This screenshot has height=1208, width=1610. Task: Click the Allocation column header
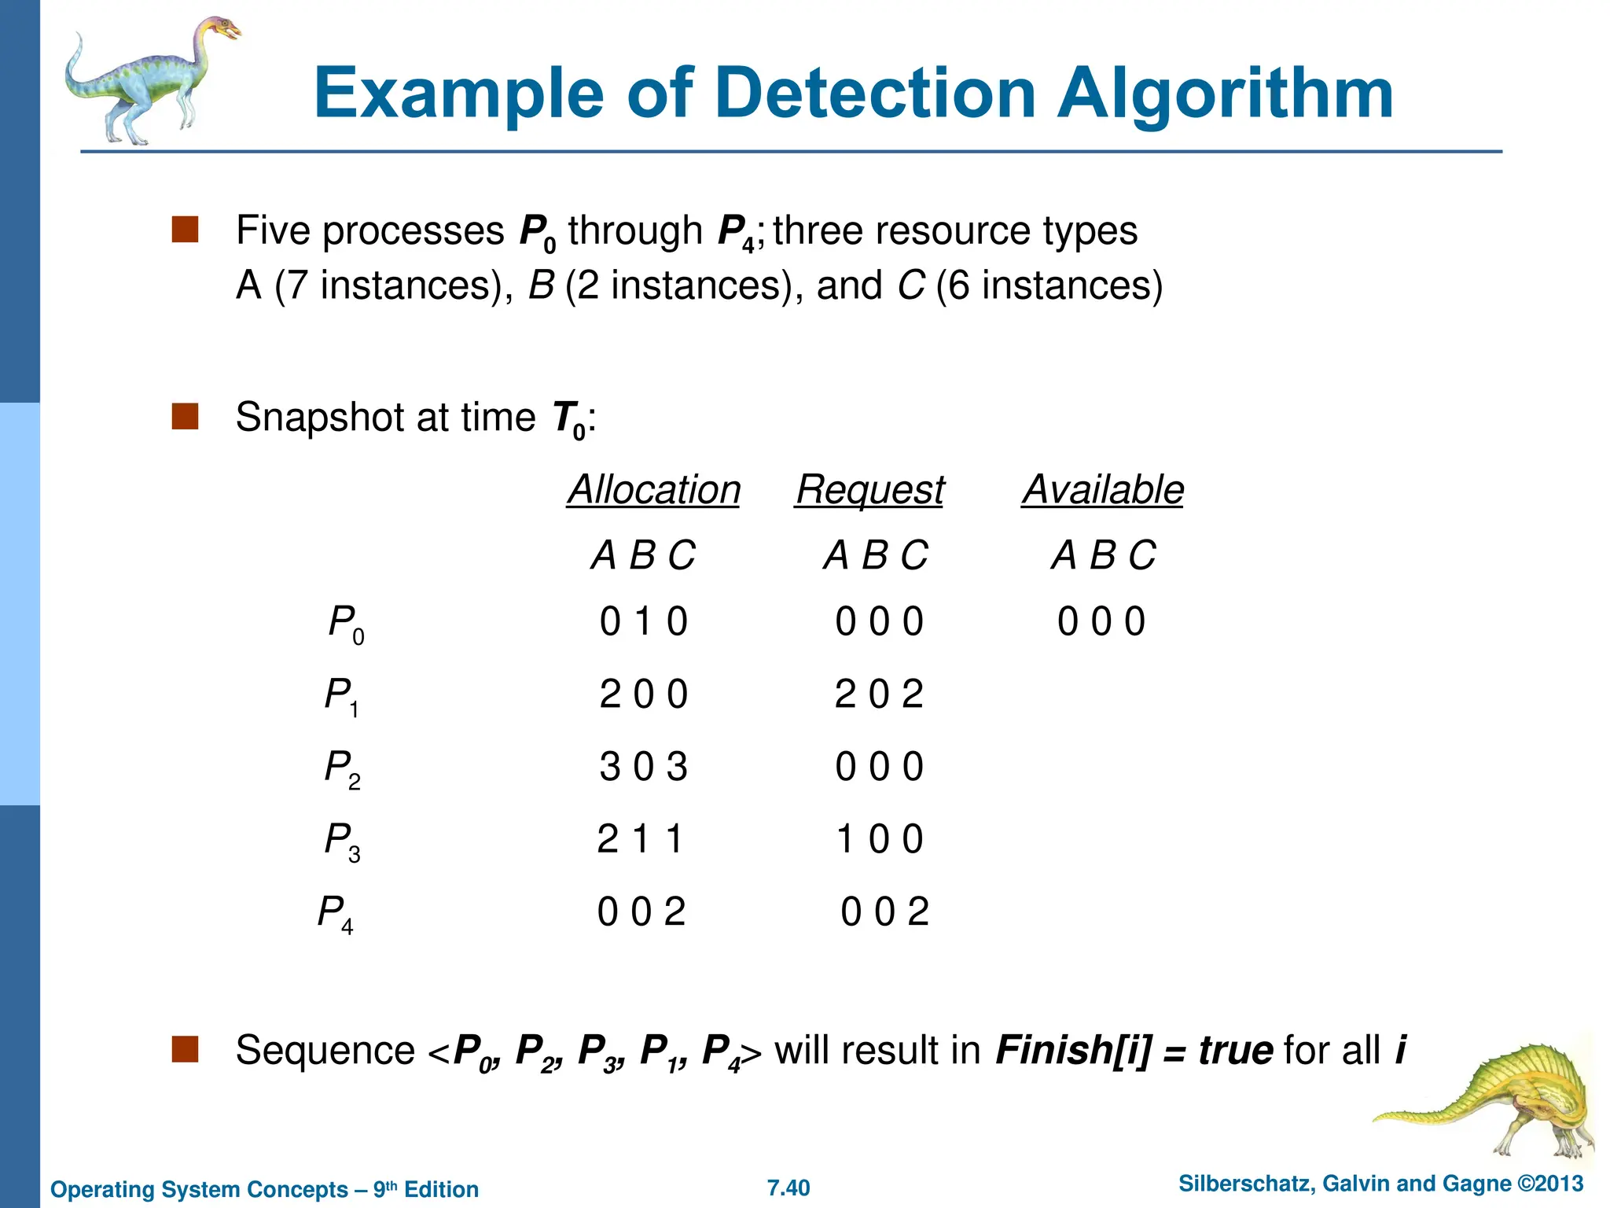click(653, 490)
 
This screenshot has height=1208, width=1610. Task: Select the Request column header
click(869, 490)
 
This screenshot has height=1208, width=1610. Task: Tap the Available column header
click(1102, 490)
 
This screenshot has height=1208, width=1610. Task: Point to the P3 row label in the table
click(343, 841)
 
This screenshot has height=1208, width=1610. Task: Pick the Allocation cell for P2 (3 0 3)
click(643, 767)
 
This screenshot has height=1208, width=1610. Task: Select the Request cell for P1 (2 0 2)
click(879, 694)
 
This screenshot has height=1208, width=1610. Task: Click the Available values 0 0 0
click(1101, 622)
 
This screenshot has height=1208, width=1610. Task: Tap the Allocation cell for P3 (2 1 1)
click(640, 839)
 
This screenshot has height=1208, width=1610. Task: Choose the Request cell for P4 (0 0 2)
click(884, 912)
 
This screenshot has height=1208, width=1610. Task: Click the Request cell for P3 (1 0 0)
click(879, 839)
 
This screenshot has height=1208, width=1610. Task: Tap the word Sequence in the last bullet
click(325, 1051)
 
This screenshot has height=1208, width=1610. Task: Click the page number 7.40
click(788, 1188)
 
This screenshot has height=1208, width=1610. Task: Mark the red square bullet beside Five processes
click(185, 230)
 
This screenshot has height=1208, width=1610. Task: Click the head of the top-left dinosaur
click(223, 30)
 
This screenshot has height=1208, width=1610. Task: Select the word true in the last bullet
click(1235, 1051)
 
